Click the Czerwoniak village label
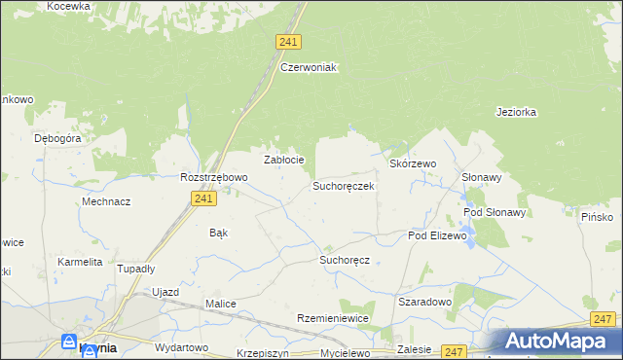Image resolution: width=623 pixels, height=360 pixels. [308, 67]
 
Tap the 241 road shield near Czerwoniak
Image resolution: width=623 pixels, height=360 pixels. [288, 42]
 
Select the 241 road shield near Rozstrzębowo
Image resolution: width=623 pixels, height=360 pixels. [202, 198]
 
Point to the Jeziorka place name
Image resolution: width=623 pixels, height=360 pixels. [516, 112]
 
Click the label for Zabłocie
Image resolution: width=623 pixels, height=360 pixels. [284, 160]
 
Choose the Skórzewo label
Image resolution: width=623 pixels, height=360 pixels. [413, 164]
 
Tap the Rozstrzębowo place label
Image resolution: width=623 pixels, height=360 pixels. [214, 177]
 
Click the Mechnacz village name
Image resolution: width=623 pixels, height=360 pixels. [107, 201]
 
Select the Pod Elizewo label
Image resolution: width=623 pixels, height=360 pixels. [438, 235]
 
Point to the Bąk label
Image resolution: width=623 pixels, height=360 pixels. [219, 233]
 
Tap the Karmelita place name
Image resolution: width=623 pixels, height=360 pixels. [80, 262]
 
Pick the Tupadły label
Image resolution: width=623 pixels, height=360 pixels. [135, 269]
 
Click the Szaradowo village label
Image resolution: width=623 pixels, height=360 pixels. [425, 302]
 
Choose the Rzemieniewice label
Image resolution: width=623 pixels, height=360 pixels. [333, 318]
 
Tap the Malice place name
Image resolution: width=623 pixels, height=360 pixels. [221, 304]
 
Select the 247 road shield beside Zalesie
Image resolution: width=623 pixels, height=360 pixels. [453, 351]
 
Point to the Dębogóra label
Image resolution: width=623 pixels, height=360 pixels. [57, 138]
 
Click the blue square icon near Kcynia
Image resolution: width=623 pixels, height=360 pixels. [69, 342]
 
